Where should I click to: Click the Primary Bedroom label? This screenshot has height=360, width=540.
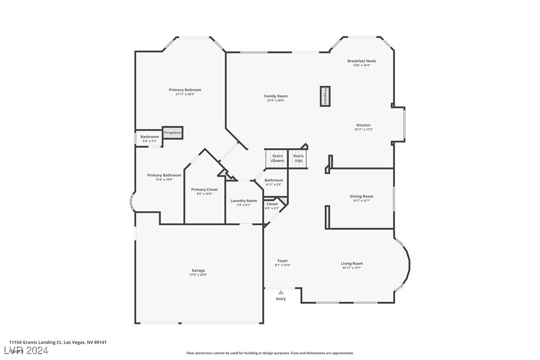[185, 90]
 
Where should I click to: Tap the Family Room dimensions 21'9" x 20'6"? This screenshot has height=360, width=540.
[275, 100]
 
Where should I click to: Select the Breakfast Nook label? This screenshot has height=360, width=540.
[361, 61]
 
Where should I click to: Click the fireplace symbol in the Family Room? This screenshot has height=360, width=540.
[325, 96]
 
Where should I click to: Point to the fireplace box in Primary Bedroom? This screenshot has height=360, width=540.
[173, 133]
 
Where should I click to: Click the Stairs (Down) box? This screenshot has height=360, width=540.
[277, 158]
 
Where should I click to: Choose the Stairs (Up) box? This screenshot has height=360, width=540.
[298, 158]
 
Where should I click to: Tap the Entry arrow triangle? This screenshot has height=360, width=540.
[281, 292]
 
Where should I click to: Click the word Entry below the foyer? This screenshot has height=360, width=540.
[281, 299]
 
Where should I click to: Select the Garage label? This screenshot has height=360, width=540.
[198, 270]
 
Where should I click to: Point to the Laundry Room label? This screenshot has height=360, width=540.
[244, 201]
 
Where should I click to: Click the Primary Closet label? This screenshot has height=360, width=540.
[204, 189]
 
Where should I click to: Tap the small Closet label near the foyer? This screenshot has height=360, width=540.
[272, 204]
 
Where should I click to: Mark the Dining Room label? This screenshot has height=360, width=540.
[361, 196]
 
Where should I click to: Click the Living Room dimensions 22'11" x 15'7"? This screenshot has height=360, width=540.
[352, 268]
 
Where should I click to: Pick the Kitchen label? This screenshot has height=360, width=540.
[363, 125]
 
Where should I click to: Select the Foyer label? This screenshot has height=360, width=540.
[282, 261]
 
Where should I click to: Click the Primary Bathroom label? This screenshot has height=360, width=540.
[164, 175]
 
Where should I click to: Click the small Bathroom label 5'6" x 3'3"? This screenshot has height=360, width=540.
[149, 137]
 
